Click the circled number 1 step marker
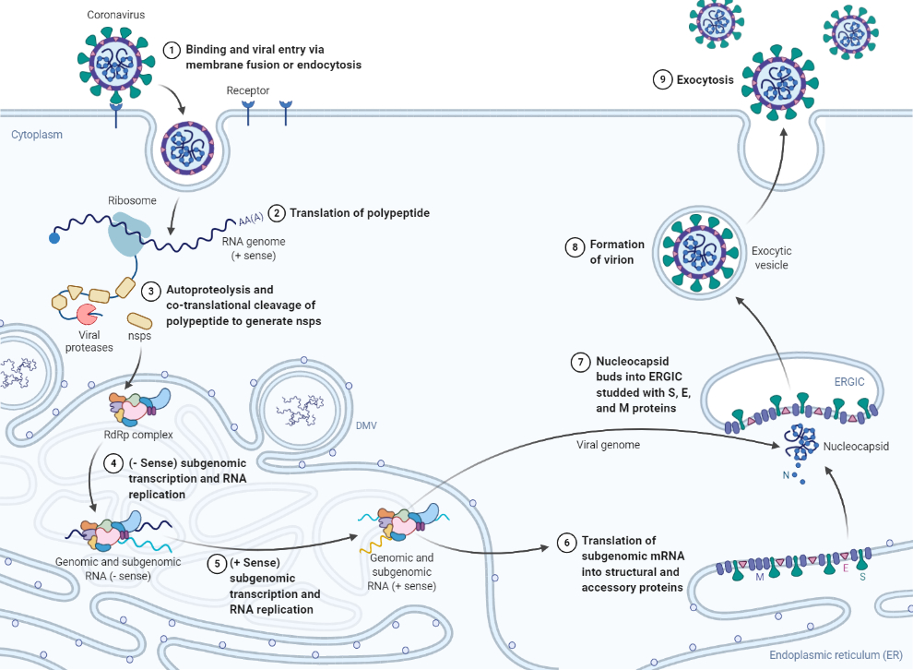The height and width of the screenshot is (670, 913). [x=172, y=50]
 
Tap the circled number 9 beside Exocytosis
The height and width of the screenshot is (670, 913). [x=662, y=79]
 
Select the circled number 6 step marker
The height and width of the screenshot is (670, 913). [x=566, y=543]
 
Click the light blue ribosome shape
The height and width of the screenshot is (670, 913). [x=128, y=234]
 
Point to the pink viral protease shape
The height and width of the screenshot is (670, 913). [x=87, y=314]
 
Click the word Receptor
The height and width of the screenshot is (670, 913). [x=248, y=90]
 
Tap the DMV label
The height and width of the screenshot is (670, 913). [x=366, y=425]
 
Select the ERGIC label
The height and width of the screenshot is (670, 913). [x=849, y=382]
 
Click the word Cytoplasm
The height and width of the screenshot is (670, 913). [x=37, y=135]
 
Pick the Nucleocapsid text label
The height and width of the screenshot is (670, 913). [x=856, y=447]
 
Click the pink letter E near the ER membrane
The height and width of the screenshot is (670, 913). [x=846, y=568]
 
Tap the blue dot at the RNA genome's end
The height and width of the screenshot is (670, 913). [x=54, y=238]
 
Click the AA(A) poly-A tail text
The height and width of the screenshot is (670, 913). [x=251, y=219]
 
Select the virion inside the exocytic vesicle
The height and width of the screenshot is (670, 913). [x=699, y=253]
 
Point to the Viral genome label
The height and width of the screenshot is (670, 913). [x=608, y=445]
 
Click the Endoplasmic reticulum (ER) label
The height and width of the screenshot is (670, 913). [x=836, y=655]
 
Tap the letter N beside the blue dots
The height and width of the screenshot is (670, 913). [x=786, y=475]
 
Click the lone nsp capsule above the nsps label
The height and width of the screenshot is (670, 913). [x=140, y=321]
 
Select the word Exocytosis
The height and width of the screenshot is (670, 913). [x=705, y=79]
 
